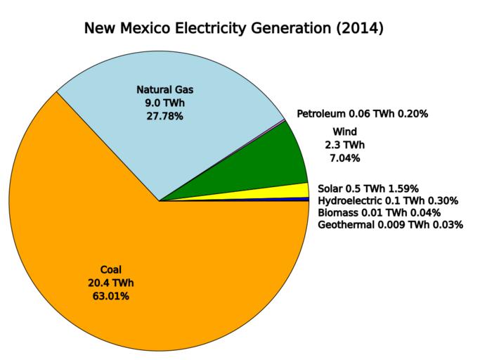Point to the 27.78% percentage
click(x=164, y=116)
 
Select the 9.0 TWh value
click(x=164, y=103)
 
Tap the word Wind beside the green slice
click(x=344, y=131)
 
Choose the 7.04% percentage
click(x=344, y=158)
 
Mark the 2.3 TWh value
click(x=344, y=145)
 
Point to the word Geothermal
click(x=346, y=224)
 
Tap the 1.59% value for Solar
click(x=403, y=188)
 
